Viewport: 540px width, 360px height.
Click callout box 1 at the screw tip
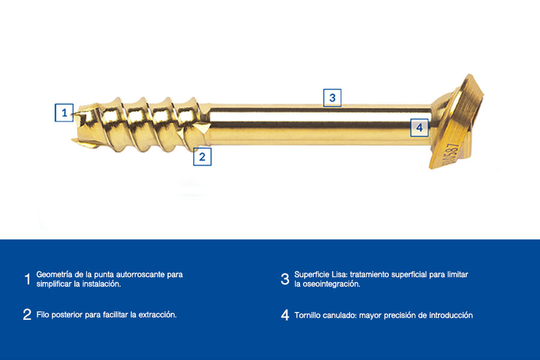pyautogui.click(x=64, y=113)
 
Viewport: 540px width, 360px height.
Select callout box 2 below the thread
pyautogui.click(x=202, y=157)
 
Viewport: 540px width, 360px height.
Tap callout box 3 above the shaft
pyautogui.click(x=332, y=98)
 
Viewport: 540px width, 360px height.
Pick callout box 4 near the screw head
pyautogui.click(x=419, y=127)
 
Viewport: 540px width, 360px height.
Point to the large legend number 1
pyautogui.click(x=28, y=279)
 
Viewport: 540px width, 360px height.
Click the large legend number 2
pyautogui.click(x=27, y=314)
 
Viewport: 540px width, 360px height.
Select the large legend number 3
pyautogui.click(x=285, y=279)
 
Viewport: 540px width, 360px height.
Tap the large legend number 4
pyautogui.click(x=285, y=315)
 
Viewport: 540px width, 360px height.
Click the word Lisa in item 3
pyautogui.click(x=340, y=275)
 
